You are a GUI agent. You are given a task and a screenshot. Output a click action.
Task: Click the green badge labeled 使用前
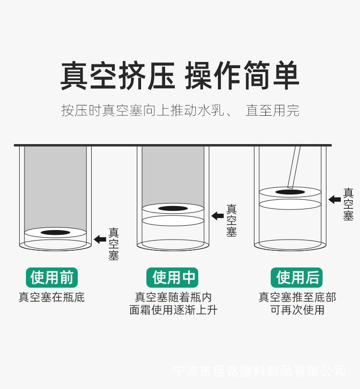point(51,278)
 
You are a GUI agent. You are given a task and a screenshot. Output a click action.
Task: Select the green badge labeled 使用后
point(297,278)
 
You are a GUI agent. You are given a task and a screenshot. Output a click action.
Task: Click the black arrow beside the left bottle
point(100,239)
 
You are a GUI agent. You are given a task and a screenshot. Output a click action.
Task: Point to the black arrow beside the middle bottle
point(217,216)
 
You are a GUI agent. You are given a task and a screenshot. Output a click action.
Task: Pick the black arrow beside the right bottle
point(335,199)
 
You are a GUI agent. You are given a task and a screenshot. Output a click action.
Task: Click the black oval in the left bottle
point(55,233)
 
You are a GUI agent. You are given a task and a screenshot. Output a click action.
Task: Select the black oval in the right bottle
point(290,192)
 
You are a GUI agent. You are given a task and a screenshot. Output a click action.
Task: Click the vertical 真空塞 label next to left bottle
point(114,244)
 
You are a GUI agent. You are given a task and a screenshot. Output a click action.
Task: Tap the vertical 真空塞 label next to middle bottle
point(231,220)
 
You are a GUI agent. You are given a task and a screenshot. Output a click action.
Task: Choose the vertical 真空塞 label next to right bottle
point(348,204)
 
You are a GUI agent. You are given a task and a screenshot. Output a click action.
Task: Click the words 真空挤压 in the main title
point(118,76)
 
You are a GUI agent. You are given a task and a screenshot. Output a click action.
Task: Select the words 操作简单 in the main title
point(242,76)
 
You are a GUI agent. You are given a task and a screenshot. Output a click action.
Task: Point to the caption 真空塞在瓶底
point(51,297)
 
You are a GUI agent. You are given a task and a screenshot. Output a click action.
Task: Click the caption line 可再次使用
point(297,310)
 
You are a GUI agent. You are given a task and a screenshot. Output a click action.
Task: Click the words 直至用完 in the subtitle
point(273,110)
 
